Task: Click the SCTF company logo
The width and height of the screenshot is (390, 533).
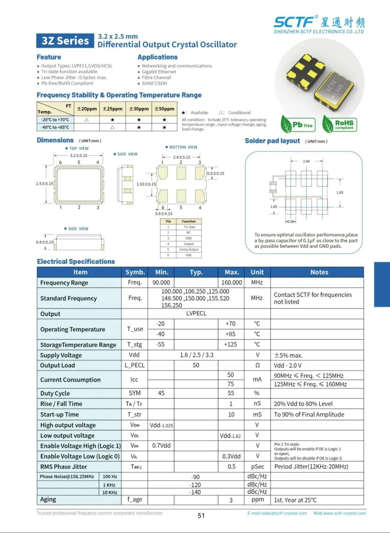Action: click(319, 24)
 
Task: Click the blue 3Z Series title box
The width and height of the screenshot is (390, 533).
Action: click(65, 41)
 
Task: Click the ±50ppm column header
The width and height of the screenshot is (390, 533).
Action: click(164, 109)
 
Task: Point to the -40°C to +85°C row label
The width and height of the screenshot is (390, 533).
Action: click(55, 127)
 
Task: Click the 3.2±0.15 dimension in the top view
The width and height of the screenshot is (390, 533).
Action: click(78, 156)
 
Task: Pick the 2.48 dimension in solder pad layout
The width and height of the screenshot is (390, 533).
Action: click(306, 161)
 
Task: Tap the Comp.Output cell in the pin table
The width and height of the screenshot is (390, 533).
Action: click(188, 250)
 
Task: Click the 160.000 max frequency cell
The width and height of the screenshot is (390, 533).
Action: click(231, 282)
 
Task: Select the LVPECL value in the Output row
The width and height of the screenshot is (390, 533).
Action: click(196, 313)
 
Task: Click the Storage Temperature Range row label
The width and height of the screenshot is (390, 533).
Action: click(78, 345)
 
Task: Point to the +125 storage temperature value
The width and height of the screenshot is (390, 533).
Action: click(230, 344)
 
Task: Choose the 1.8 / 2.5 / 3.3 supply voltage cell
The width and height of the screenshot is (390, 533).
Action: click(196, 355)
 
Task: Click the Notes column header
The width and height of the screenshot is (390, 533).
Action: click(319, 272)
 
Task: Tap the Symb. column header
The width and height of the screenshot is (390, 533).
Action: click(135, 272)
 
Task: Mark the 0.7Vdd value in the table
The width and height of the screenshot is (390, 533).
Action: click(161, 446)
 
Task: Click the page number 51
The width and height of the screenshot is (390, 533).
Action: click(201, 515)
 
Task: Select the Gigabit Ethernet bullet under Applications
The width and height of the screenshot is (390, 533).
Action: click(159, 72)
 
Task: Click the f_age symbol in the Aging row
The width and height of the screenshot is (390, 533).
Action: click(135, 499)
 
